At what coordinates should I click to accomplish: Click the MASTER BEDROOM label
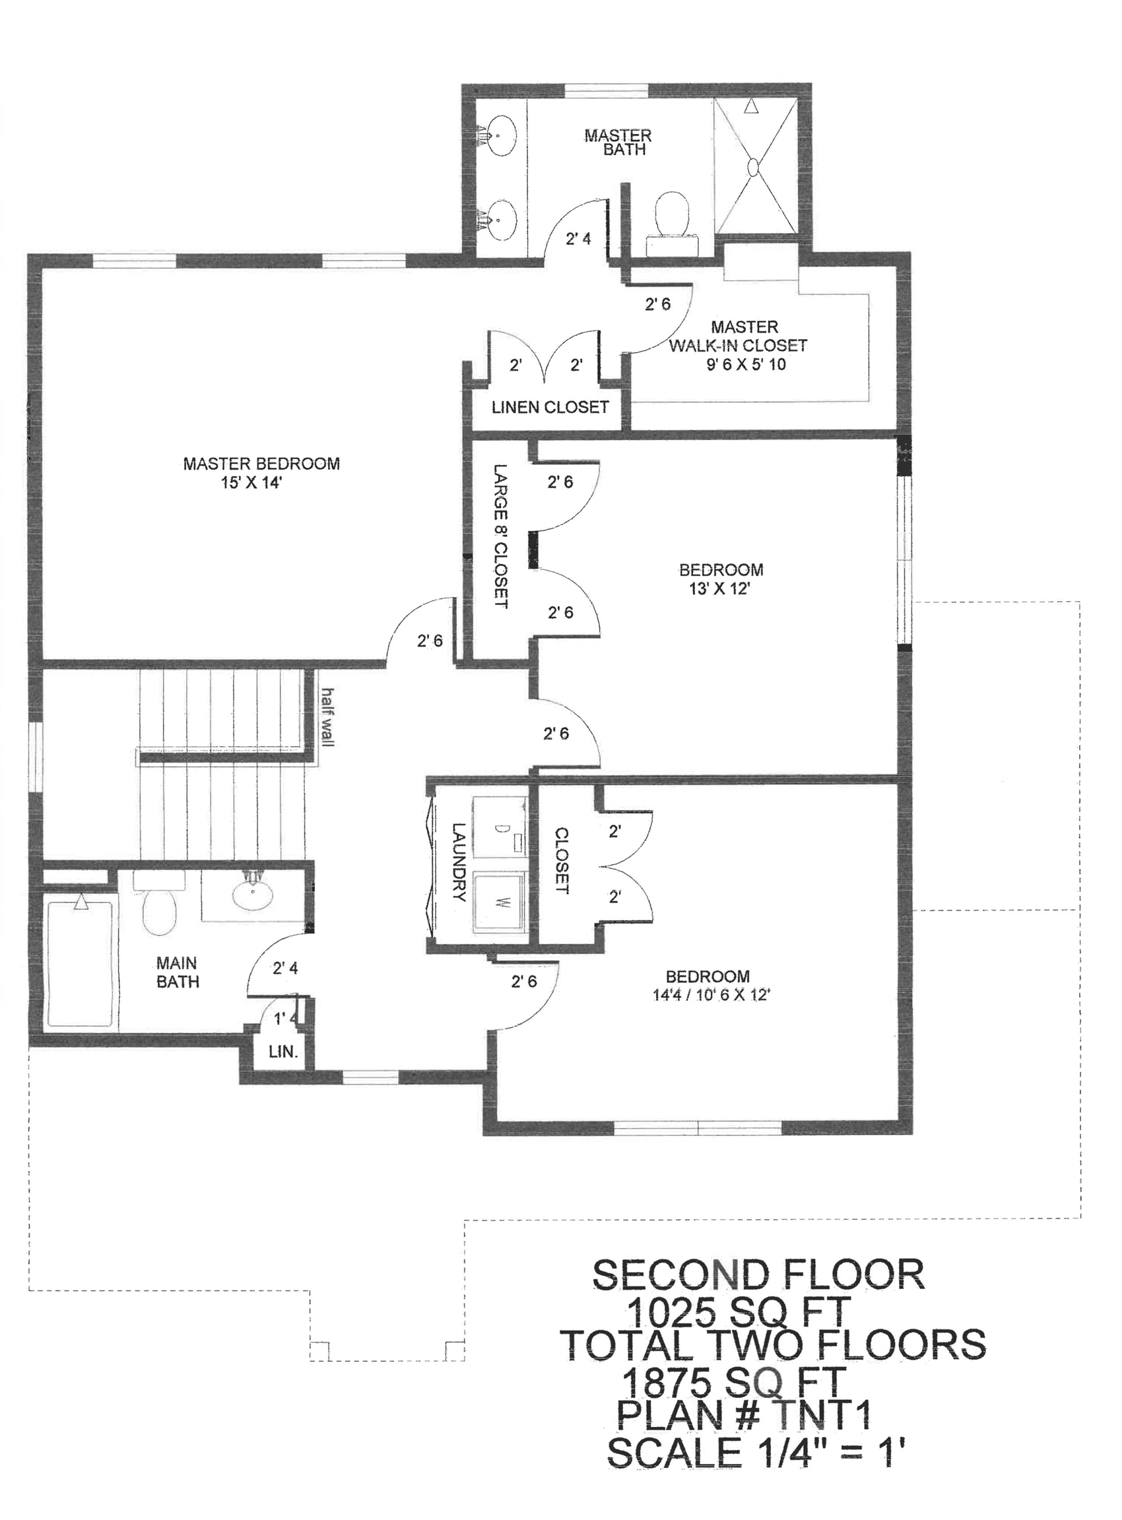(261, 464)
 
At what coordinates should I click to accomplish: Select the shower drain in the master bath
(754, 166)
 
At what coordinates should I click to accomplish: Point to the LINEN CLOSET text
(550, 407)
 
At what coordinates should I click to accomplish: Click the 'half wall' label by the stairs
(328, 717)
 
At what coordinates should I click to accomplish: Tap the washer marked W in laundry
(500, 902)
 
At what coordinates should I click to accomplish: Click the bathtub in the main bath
(81, 963)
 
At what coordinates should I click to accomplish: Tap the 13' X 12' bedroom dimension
(719, 588)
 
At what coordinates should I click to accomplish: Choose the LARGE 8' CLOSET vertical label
(500, 536)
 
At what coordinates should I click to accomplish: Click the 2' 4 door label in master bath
(579, 239)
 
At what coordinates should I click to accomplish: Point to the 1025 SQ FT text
(739, 1311)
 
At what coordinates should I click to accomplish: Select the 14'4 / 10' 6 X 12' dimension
(711, 996)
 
